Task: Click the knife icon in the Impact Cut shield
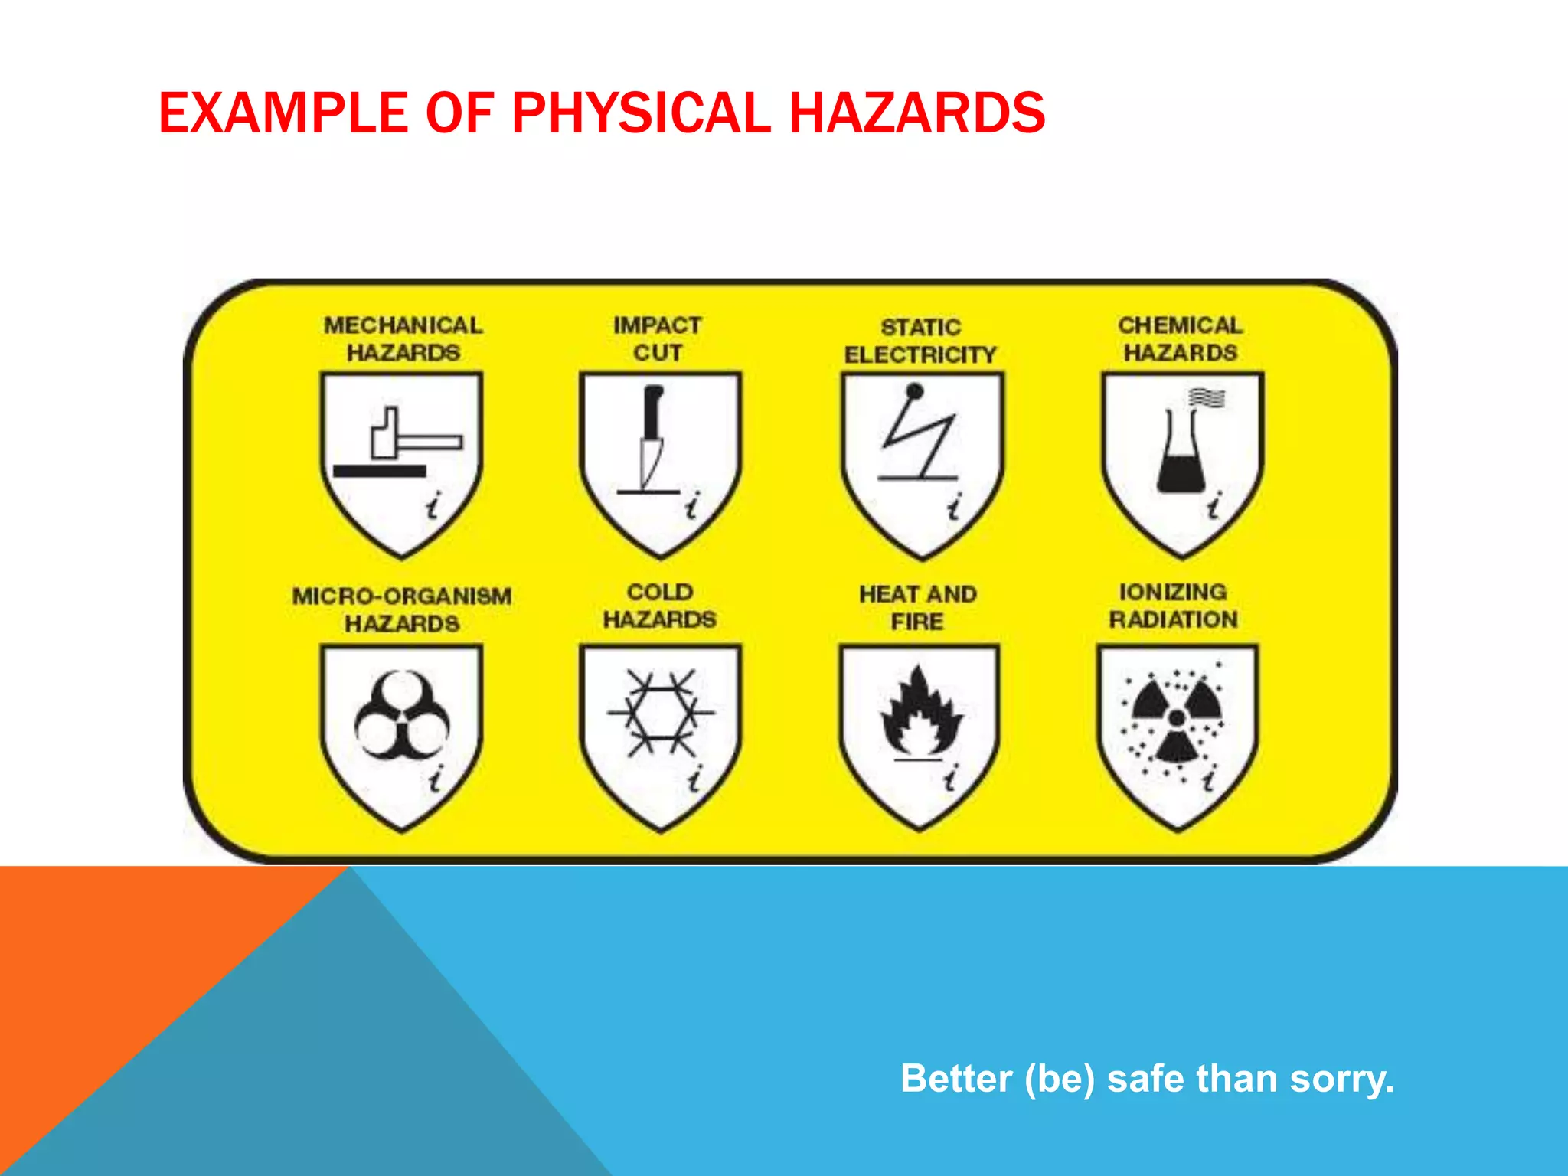coord(652,436)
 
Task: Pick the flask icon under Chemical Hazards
coord(1183,452)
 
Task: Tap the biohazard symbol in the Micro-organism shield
coord(401,716)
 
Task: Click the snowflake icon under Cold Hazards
coord(661,713)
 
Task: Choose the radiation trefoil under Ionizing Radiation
coord(1177,717)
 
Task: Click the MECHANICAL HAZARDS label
coord(403,338)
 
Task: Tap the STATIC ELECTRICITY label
coord(920,341)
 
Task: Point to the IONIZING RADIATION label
coord(1173,606)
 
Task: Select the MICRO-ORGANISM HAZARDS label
coord(402,609)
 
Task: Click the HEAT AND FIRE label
coord(918,607)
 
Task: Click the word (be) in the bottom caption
coord(1060,1079)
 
